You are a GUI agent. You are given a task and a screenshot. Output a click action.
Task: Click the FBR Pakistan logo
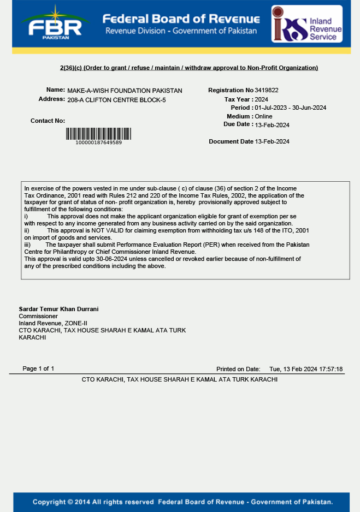pos(54,23)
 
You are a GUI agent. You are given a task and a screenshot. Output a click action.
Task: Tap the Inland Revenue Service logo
pos(307,24)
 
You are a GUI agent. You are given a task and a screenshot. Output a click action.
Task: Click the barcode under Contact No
pos(98,133)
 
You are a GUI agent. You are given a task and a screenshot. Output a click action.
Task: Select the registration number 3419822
pos(267,90)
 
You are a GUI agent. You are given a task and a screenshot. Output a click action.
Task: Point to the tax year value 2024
pos(261,99)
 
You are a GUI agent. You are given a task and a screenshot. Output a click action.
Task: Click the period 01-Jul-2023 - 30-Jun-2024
pos(290,108)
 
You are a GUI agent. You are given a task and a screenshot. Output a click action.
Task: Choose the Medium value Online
pos(263,116)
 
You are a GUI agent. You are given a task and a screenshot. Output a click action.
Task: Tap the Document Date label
pos(231,141)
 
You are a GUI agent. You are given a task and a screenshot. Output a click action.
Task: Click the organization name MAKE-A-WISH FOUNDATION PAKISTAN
pos(125,91)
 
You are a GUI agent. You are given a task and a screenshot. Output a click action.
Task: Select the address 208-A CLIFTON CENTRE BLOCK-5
pos(116,100)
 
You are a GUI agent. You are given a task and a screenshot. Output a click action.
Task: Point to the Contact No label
pos(48,121)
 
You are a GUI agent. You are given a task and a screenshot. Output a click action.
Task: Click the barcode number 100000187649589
pos(98,142)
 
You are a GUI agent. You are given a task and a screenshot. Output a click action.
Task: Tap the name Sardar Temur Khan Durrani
pos(58,309)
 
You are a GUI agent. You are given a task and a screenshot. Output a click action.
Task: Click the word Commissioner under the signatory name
pos(38,316)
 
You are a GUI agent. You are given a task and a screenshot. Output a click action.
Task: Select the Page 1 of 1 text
pos(38,368)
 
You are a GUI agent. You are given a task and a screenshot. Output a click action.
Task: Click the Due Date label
pos(237,124)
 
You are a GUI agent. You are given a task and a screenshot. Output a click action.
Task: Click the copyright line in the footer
pos(182,502)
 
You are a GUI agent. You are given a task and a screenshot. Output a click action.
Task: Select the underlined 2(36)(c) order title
pos(188,68)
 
